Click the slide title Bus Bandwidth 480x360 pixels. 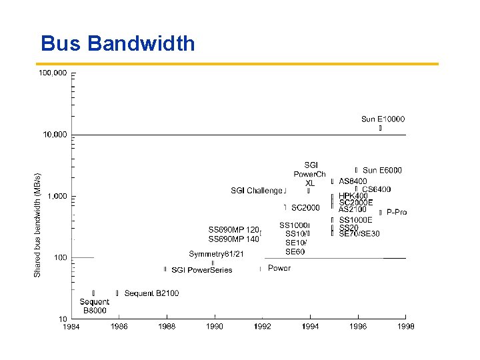tap(118, 43)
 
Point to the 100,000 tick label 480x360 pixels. tap(53, 73)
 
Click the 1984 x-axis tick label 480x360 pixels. tap(71, 327)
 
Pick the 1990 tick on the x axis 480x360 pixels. tap(215, 327)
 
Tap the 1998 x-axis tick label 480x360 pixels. tap(406, 327)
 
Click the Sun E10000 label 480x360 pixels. tap(383, 119)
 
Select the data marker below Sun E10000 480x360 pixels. tap(380, 128)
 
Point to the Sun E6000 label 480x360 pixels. tap(382, 171)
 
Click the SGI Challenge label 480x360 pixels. tap(257, 191)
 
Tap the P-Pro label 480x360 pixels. tap(397, 212)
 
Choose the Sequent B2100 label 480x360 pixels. tap(151, 293)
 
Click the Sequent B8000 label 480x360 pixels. tap(94, 306)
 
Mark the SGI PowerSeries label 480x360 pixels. tap(202, 270)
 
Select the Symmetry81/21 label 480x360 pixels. tap(216, 254)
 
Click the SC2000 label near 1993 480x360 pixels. tap(305, 208)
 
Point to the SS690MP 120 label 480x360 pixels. tap(233, 229)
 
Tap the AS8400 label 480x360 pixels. tap(353, 181)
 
